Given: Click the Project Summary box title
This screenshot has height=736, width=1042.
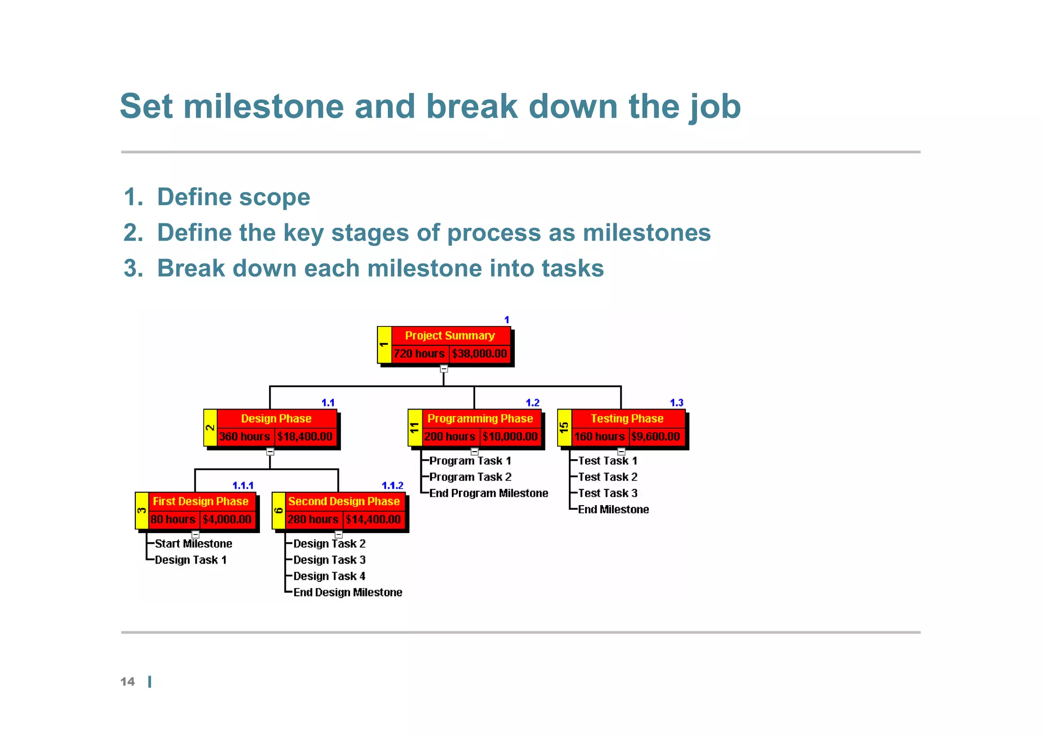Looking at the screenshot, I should [450, 336].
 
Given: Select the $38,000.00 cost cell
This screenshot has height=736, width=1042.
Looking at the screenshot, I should [479, 354].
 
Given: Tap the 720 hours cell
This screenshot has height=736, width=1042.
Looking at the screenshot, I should [419, 354].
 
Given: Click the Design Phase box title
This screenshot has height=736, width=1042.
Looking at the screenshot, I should [276, 419].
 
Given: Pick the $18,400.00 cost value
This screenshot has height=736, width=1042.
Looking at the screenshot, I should [305, 436].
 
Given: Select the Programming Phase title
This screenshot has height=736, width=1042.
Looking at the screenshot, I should [480, 419].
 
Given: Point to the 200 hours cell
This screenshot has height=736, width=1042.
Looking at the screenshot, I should [450, 436].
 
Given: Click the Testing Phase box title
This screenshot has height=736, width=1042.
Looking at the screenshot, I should [627, 419].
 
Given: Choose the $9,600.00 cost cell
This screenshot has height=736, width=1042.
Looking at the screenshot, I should [655, 436].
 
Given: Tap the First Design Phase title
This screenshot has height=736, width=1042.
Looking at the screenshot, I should [201, 502].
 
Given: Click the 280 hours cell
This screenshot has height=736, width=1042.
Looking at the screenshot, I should [313, 519].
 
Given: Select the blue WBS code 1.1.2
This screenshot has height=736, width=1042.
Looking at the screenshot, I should [392, 486].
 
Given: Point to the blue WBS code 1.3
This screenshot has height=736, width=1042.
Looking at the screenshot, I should [676, 403].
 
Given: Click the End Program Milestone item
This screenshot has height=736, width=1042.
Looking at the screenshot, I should [488, 493].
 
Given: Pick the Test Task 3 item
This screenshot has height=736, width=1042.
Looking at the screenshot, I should [607, 493].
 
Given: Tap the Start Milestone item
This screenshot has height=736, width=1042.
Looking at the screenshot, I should [193, 544].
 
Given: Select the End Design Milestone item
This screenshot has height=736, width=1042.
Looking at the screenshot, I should [348, 593].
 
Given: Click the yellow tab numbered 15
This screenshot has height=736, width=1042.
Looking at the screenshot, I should [564, 428].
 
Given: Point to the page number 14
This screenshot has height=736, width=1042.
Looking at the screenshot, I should [128, 682].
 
